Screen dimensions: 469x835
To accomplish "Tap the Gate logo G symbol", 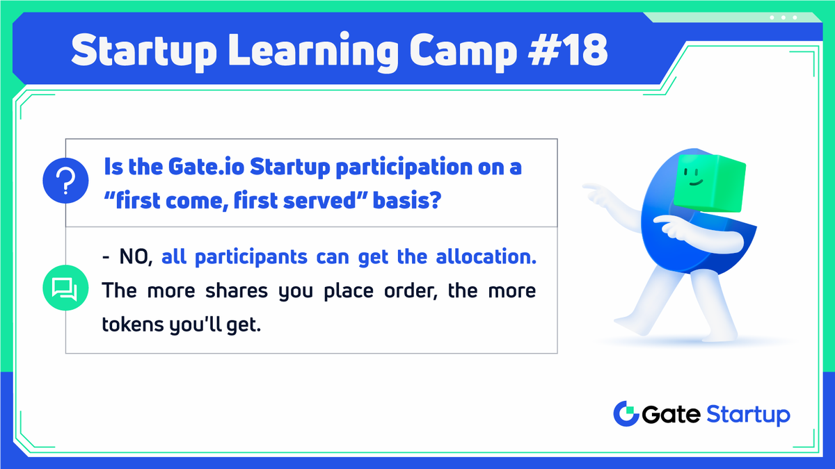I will click(626, 414).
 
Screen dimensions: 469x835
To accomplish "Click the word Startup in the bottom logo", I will click(747, 415).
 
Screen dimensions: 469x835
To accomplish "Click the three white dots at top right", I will click(783, 17).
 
